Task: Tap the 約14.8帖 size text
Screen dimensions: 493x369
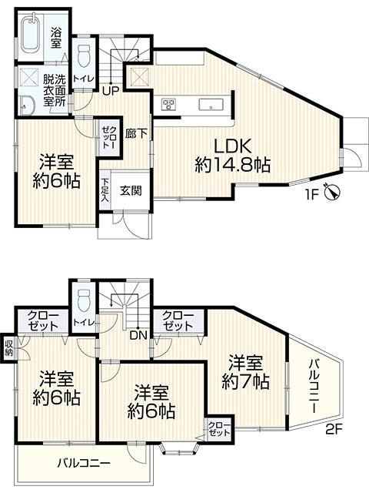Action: coord(233,164)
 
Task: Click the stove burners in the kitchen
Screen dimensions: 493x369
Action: coord(168,105)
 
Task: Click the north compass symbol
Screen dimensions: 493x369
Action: coord(332,193)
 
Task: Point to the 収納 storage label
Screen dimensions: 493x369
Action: coord(8,347)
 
